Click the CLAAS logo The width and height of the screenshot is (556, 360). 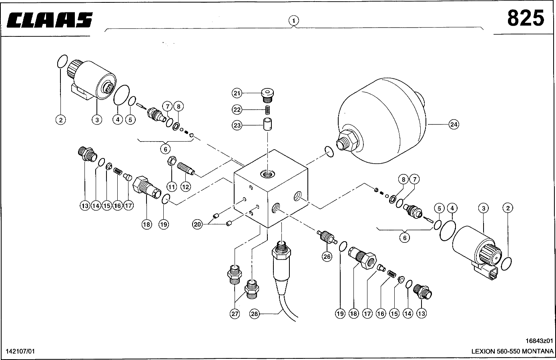(50, 20)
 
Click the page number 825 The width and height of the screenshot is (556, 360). (526, 18)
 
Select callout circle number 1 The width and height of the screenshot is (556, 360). (294, 20)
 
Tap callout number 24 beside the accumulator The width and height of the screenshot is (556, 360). (453, 124)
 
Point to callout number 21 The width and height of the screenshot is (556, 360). (237, 93)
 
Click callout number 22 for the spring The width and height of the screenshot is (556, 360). (237, 109)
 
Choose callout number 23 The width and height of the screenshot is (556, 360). (237, 125)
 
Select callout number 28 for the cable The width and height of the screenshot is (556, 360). (255, 314)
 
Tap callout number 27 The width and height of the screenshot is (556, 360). (235, 314)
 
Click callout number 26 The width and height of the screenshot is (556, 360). (327, 256)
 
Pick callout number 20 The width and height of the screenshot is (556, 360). (197, 224)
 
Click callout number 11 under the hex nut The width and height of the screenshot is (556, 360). (172, 186)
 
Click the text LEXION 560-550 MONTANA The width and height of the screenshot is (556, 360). (512, 351)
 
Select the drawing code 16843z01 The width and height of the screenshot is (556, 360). (539, 341)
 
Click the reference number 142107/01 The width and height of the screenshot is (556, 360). (20, 351)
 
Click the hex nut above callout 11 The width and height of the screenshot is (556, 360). (170, 162)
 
